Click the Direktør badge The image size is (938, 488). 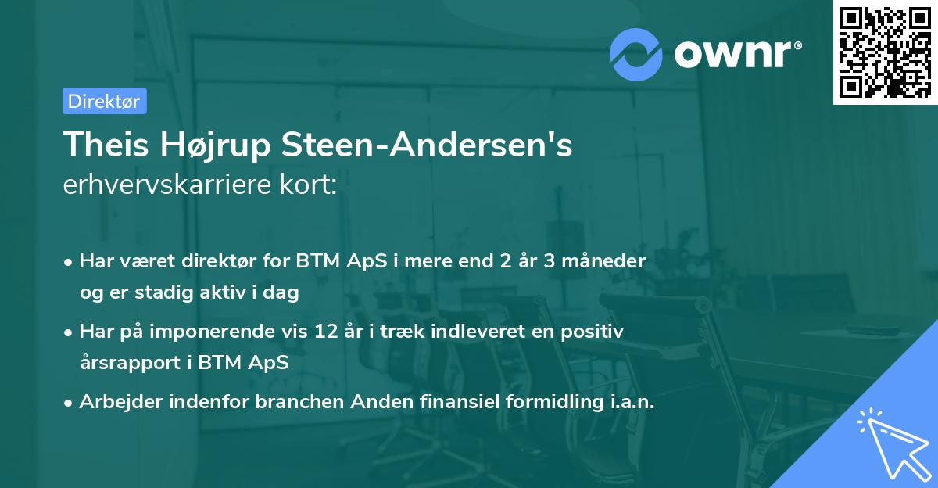[x=104, y=101]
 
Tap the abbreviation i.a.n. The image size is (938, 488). [x=631, y=402]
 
